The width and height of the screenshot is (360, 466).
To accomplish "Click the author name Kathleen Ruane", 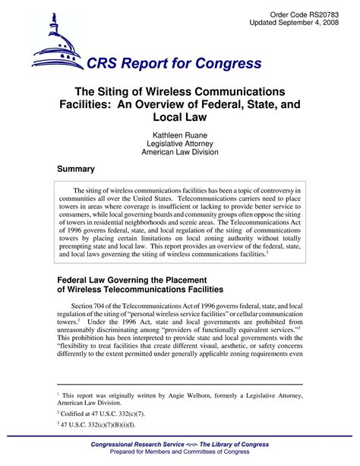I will [180, 134].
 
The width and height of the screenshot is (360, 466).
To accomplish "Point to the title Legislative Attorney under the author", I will [180, 143].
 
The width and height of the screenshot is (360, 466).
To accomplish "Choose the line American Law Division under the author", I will [180, 152].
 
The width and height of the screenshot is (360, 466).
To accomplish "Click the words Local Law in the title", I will [180, 119].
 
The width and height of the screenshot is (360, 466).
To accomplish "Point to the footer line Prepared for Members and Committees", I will [180, 453].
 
